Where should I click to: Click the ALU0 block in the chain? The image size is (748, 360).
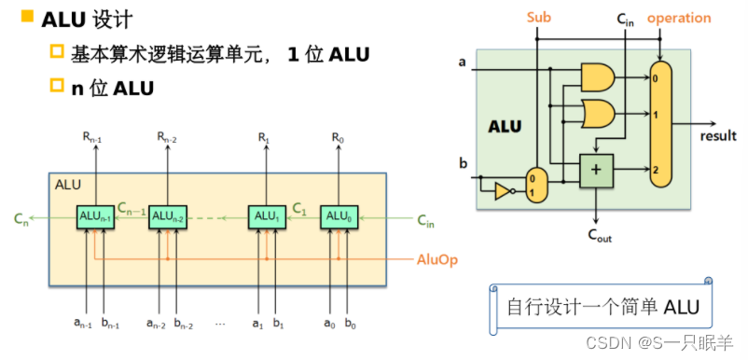point(336,217)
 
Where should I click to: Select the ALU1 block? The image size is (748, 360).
point(264,217)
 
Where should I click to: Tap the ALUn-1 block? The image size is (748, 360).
point(95,217)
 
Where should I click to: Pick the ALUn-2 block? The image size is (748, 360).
point(167,217)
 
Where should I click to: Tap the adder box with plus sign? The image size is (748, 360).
point(595,169)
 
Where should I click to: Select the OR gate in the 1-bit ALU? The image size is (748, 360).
point(597,114)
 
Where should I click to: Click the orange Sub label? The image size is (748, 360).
point(539,18)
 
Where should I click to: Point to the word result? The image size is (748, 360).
point(718,136)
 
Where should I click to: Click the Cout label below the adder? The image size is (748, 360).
point(601,236)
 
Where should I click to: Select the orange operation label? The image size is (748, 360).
point(679,18)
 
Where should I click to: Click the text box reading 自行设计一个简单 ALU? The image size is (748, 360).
point(602,307)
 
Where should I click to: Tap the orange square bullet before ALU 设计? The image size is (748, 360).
point(27,16)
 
